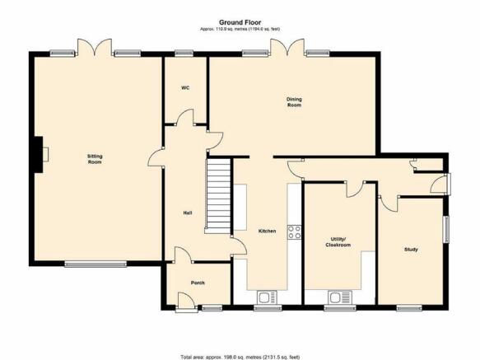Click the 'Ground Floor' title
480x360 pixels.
[x=240, y=22]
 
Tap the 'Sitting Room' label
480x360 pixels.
[x=95, y=159]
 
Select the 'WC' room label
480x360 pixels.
[x=185, y=88]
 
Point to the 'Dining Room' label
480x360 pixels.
[x=294, y=102]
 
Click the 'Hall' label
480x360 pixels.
[x=188, y=213]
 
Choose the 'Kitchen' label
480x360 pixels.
[x=268, y=231]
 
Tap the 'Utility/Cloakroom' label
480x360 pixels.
[x=338, y=242]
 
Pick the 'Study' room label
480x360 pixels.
[x=411, y=250]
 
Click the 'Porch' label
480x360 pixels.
[x=198, y=283]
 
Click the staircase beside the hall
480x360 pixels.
[x=217, y=195]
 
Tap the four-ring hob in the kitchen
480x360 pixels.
[x=294, y=232]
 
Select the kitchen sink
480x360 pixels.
[x=268, y=297]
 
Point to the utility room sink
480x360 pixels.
[x=340, y=297]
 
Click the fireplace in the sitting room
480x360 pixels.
[x=40, y=154]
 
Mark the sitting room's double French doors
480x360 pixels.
[x=95, y=47]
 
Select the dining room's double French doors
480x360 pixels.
[x=287, y=47]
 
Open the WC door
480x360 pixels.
[x=185, y=117]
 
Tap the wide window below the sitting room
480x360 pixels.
[x=96, y=264]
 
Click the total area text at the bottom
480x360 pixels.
[x=240, y=357]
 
